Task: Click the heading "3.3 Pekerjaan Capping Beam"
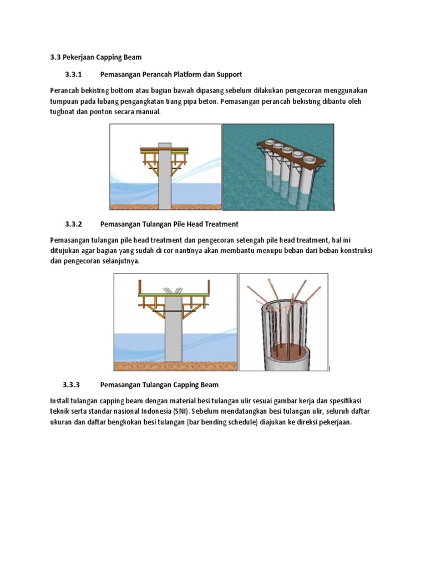point(95,57)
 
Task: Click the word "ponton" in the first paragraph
point(105,111)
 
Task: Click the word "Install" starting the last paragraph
point(60,400)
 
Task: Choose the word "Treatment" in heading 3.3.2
point(221,224)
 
